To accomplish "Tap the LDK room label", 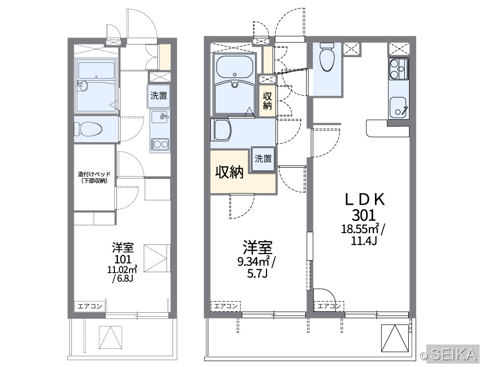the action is pos(365,200).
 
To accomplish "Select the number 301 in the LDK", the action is pos(364,215).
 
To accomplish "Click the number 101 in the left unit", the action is pos(123,259).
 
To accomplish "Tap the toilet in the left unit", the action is pos(88,129).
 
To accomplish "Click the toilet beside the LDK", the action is pos(327,57).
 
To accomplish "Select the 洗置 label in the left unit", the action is pos(159,96).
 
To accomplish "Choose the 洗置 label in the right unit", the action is pos(263,158).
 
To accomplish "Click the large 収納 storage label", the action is pos(229,172).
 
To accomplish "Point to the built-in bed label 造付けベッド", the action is pos(94,174).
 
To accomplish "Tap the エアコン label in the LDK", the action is pos(329,306).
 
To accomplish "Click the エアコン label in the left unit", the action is pos(89,306).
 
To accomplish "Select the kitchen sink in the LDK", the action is pos(398,108).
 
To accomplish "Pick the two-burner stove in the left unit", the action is pos(160,144).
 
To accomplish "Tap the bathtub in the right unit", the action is pos(235,67).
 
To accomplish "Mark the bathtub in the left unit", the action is pos(96,70).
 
